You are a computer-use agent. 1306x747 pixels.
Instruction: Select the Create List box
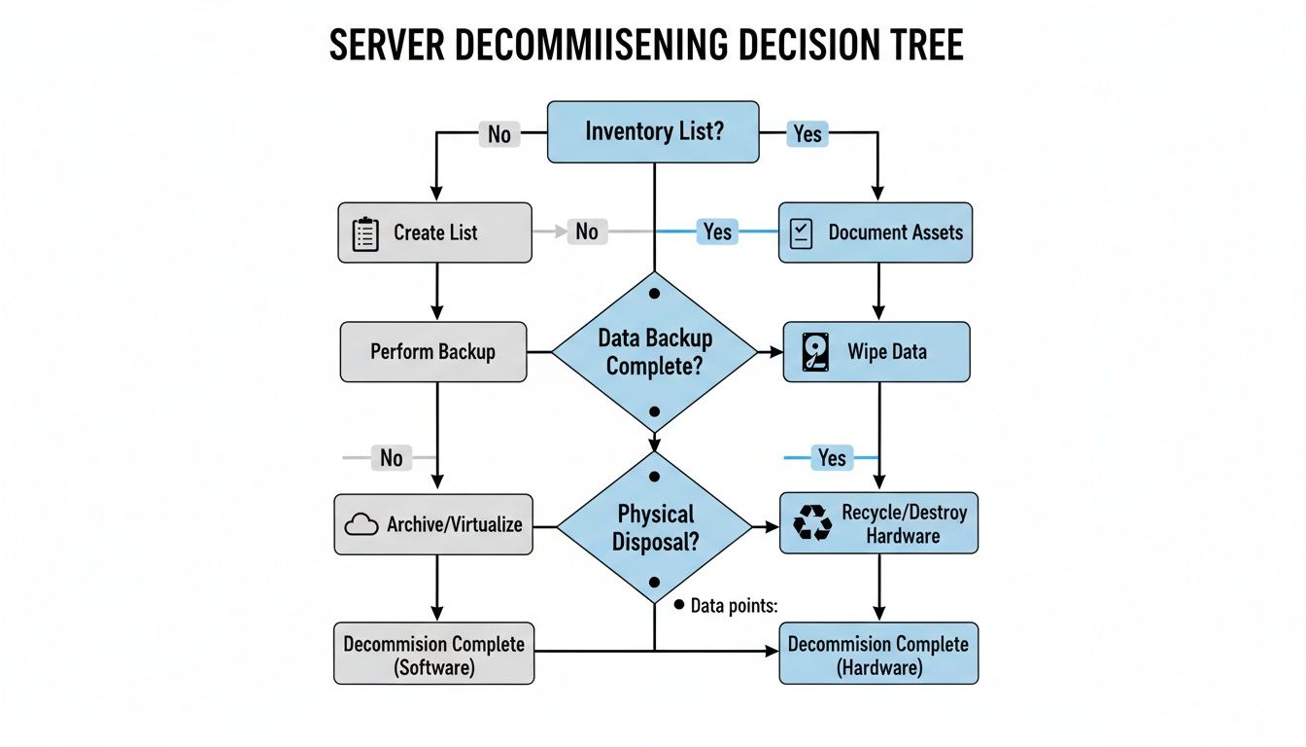tap(434, 232)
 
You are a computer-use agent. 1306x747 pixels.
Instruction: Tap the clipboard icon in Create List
tap(364, 234)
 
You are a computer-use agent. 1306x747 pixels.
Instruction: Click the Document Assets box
tap(876, 232)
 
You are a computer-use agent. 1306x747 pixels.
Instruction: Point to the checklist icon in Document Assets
tap(802, 233)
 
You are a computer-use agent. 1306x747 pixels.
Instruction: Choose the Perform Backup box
tap(432, 351)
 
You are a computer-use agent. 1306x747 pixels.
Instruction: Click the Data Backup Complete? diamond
tap(654, 352)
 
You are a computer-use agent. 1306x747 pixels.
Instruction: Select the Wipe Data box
tap(876, 351)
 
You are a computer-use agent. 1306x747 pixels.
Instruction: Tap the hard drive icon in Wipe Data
tap(816, 352)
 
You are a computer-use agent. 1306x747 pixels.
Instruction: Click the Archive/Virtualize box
tap(433, 525)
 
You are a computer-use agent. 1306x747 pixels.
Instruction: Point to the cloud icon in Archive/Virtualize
tap(361, 525)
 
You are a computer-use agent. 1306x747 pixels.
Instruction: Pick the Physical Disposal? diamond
tap(654, 526)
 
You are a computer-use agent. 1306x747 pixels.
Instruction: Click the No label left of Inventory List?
tap(498, 134)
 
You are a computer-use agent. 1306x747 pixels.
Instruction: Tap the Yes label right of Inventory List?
tap(807, 134)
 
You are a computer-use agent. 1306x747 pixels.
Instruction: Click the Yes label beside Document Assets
tap(717, 231)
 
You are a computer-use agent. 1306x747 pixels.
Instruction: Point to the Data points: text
tap(734, 606)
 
